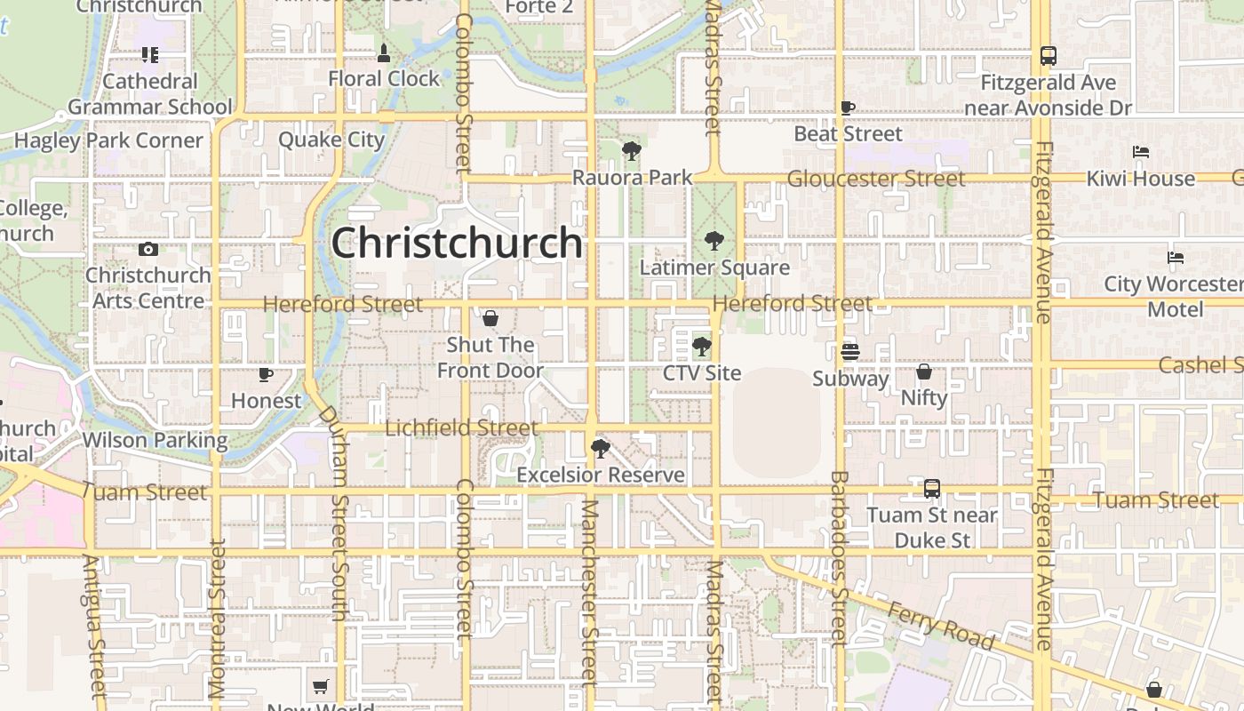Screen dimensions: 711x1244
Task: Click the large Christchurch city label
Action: tap(457, 243)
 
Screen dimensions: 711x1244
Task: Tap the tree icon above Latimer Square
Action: tap(714, 241)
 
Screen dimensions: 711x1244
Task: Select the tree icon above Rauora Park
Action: tap(632, 151)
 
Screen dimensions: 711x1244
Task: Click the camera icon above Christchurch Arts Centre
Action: tap(148, 250)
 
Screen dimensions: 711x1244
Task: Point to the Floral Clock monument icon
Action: tap(384, 53)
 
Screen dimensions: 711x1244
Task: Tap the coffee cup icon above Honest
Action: tap(265, 374)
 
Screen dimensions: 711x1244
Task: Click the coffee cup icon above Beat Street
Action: tap(848, 108)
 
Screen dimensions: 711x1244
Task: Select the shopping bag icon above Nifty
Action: tap(924, 371)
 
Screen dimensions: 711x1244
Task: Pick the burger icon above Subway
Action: tap(850, 352)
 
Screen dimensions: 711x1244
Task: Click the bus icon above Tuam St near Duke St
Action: tap(932, 488)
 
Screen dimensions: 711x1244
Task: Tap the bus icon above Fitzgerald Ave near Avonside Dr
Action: tap(1049, 56)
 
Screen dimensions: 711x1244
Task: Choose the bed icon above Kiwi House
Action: tap(1141, 152)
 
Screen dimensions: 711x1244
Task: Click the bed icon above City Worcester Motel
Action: tap(1176, 258)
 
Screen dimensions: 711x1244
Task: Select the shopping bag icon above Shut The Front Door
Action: tap(490, 318)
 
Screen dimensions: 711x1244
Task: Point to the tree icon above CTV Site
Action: tap(702, 347)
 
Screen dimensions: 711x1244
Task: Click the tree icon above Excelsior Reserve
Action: tap(601, 448)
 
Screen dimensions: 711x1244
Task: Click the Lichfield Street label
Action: tap(461, 428)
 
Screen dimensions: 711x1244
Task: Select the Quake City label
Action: tap(331, 140)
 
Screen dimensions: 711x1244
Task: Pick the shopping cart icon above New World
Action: tap(320, 686)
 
